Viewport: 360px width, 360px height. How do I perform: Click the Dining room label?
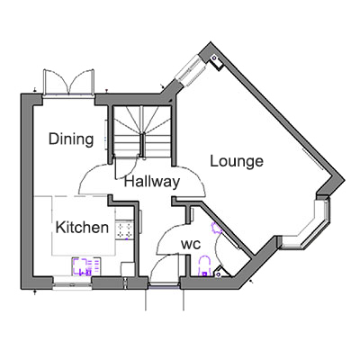pos(71,139)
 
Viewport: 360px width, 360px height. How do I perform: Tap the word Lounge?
pos(237,161)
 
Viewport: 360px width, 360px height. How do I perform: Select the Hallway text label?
pos(152,182)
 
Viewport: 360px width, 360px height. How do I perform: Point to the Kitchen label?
pos(82,227)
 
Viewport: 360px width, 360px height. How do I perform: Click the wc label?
pos(191,245)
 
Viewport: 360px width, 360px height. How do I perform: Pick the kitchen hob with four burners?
pos(124,229)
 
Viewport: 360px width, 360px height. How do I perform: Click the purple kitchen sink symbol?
pos(82,266)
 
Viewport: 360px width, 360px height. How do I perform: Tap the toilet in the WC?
pos(205,265)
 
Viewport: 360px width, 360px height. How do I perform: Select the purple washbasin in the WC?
pos(217,229)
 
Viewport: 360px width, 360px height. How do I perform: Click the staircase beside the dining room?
pos(141,131)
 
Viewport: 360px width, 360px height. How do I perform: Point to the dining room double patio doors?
pos(68,82)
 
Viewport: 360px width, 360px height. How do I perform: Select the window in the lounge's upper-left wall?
pos(191,69)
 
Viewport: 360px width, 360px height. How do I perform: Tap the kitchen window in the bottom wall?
pos(72,283)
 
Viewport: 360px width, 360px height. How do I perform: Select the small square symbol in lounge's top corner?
pos(216,60)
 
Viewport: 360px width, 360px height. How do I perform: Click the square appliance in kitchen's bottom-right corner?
pos(127,269)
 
